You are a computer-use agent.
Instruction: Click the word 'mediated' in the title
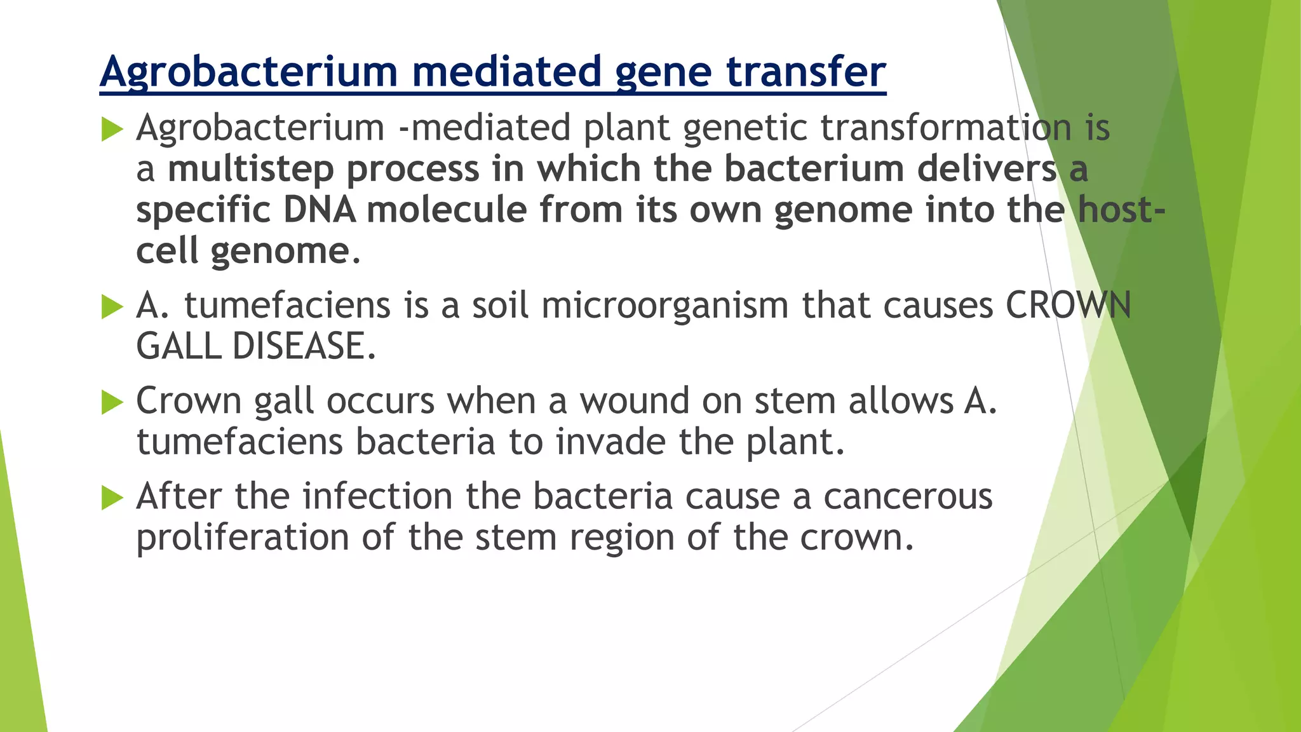[x=506, y=71]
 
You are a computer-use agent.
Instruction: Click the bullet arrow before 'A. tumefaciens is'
[x=112, y=308]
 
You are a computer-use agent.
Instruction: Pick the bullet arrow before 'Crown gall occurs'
[x=112, y=403]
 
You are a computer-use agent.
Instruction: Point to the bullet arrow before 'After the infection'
[x=112, y=498]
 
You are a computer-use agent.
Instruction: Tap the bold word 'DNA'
[x=320, y=210]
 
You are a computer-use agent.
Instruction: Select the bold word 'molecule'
[x=447, y=210]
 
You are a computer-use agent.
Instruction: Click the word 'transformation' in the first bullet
[x=946, y=128]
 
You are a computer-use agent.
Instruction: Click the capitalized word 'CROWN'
[x=1068, y=306]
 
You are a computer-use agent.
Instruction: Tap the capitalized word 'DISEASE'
[x=304, y=347]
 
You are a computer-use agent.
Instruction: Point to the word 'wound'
[x=634, y=402]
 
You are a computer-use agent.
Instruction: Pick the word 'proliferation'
[x=242, y=538]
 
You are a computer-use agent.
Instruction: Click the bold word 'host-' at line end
[x=1121, y=210]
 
